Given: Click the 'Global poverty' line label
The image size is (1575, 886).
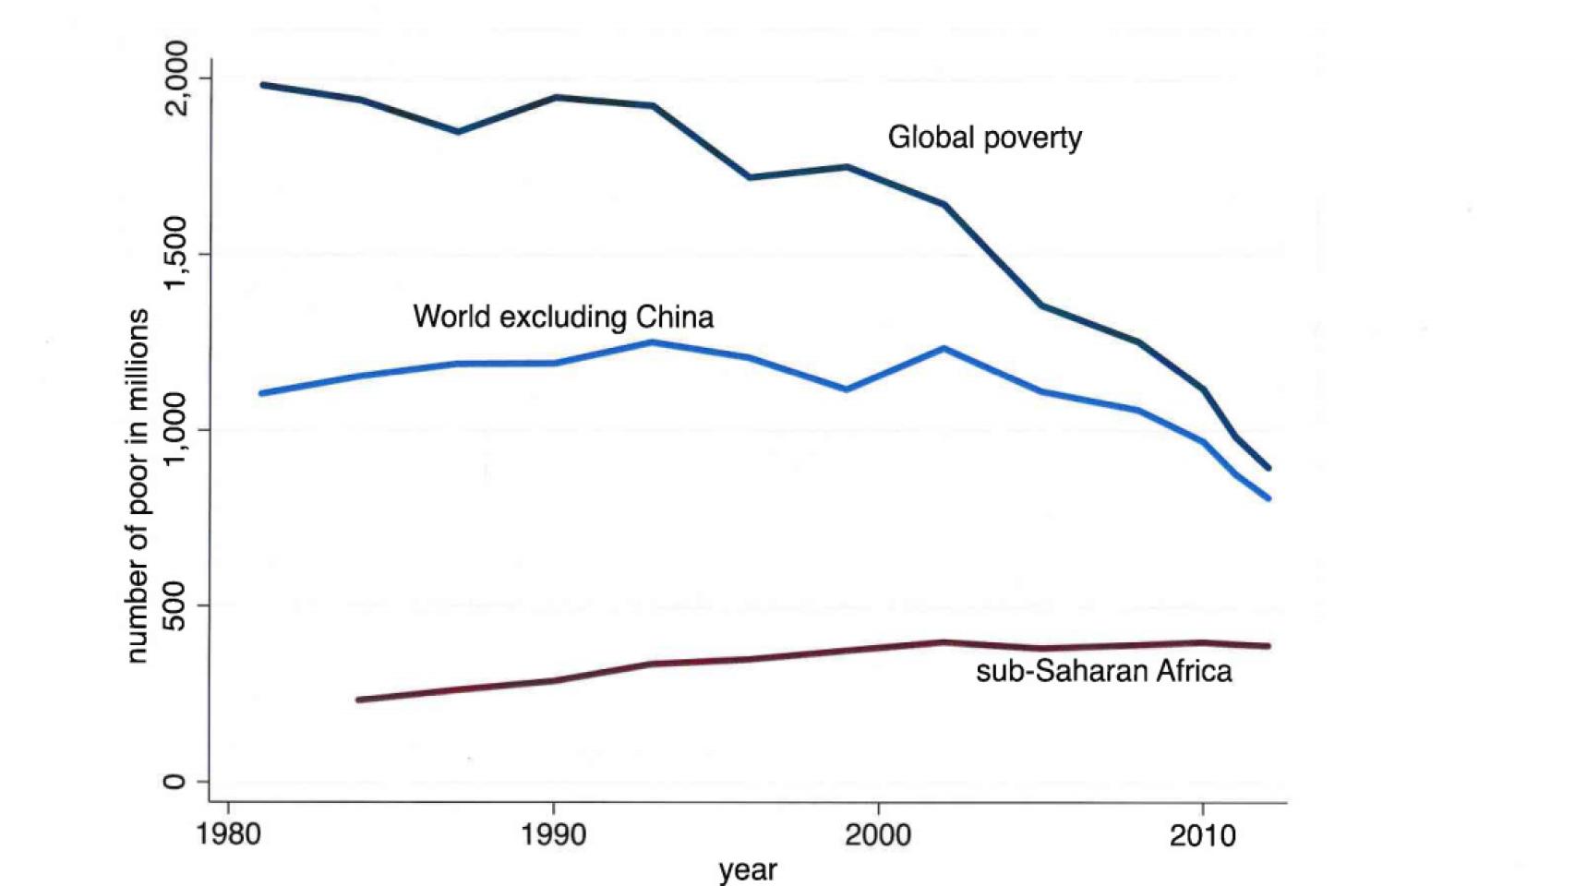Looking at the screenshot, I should tap(984, 138).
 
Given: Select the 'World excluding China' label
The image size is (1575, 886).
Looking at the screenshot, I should tap(563, 317).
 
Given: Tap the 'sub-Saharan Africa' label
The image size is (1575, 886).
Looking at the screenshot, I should tap(1103, 670).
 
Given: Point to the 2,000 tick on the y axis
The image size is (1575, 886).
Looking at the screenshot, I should tap(175, 78).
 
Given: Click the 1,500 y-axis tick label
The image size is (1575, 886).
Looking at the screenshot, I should tap(175, 254).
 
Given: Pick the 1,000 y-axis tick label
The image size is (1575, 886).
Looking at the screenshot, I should tap(175, 429).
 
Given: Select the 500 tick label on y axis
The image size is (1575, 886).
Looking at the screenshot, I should tap(175, 605).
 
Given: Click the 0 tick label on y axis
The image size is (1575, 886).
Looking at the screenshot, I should tap(175, 781).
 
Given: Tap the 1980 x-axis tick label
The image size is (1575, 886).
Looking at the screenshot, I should tap(229, 835).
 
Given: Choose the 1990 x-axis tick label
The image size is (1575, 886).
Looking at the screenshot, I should tap(553, 835).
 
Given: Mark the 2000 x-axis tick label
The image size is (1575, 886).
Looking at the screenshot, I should tap(878, 835).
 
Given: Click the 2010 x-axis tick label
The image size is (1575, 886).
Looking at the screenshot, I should tap(1202, 835).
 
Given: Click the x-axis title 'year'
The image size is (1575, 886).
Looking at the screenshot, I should tap(748, 869).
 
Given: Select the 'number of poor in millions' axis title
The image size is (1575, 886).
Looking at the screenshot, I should tap(137, 485).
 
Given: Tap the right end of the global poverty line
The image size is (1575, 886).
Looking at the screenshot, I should tap(1268, 468).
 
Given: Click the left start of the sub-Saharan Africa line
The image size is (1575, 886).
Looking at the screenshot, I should tap(358, 700).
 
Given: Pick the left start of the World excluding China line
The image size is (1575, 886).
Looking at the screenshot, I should tap(262, 393).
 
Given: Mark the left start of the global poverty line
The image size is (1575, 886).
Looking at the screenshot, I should tap(262, 85).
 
